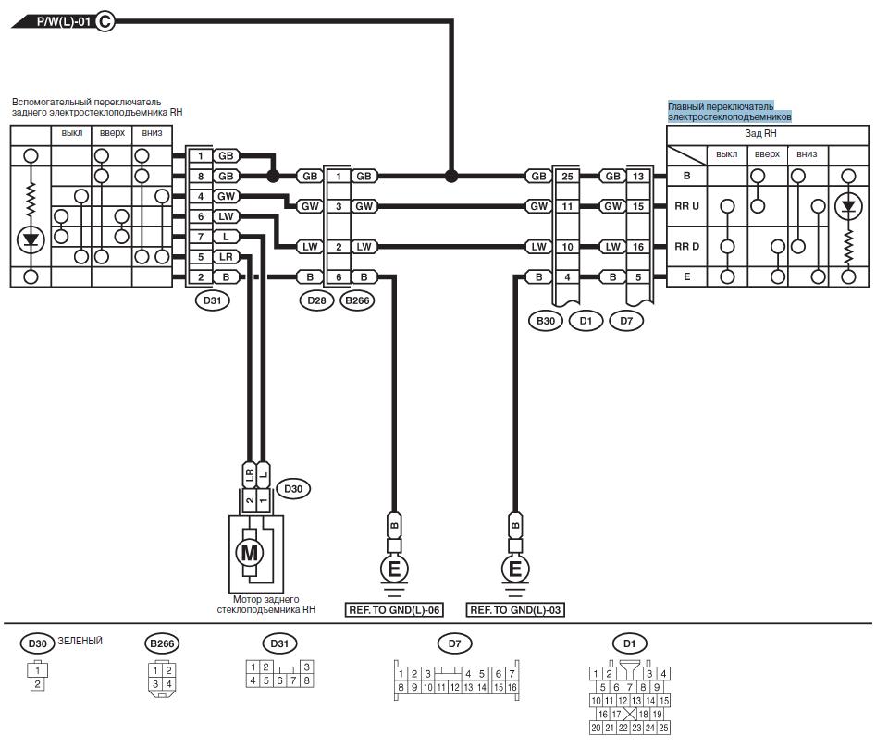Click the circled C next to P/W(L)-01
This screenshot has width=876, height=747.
pos(105,22)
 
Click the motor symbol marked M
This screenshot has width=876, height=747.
pos(249,553)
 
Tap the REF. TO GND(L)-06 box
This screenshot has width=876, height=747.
pos(394,610)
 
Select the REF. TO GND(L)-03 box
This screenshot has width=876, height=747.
pos(515,610)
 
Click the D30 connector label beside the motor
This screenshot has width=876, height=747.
pos(293,489)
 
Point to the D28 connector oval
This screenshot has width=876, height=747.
pos(316,300)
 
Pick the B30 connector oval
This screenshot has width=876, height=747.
pos(545,321)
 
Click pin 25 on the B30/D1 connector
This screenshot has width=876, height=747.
pos(567,177)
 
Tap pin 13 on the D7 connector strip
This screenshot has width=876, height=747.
pos(638,177)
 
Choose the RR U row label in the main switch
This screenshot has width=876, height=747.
pos(686,206)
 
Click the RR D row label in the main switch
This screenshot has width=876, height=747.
pos(686,247)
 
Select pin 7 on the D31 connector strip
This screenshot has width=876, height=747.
pos(201,237)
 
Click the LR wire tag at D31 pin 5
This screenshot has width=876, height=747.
pos(226,257)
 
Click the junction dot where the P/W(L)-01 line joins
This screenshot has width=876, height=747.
pos(451,177)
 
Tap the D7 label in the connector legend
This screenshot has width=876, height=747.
pos(455,643)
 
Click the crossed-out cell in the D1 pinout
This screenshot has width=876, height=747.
pos(630,714)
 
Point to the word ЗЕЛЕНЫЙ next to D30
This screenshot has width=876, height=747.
pos(80,641)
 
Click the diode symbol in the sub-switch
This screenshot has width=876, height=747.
pos(31,240)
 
